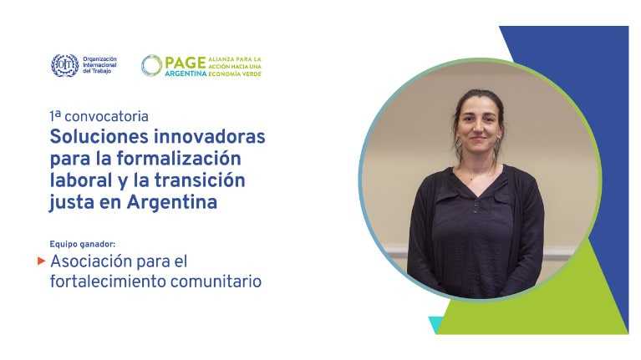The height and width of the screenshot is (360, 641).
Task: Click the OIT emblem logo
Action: [64, 65]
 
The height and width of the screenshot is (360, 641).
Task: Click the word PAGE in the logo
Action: [186, 63]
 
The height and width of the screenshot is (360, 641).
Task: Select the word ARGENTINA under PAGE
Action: [186, 74]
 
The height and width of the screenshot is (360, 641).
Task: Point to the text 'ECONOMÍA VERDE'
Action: [235, 74]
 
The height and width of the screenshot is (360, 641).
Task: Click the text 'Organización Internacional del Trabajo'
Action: [99, 65]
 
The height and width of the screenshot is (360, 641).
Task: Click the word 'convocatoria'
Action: [106, 116]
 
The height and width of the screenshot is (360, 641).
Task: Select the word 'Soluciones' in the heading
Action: [99, 136]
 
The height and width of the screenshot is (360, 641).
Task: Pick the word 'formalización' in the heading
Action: [179, 159]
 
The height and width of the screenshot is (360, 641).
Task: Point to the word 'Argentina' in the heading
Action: [172, 202]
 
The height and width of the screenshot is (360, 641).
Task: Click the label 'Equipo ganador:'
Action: [83, 244]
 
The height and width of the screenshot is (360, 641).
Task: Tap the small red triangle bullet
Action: [41, 261]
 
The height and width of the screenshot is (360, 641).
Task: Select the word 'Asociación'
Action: [91, 261]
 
